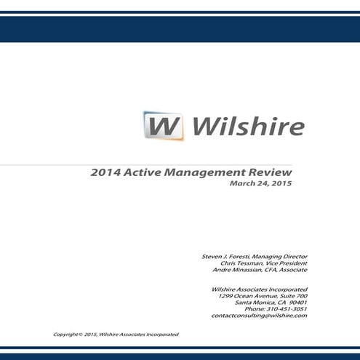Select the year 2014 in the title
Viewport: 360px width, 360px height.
click(x=105, y=173)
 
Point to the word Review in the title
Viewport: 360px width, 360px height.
click(x=271, y=173)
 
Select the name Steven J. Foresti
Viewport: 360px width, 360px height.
click(x=226, y=257)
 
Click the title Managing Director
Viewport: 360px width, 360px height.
click(x=280, y=257)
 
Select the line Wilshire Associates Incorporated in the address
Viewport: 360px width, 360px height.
click(x=257, y=289)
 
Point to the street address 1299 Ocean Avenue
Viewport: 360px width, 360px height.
click(x=247, y=296)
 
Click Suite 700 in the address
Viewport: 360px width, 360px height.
click(x=292, y=296)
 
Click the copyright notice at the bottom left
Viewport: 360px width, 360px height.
click(x=116, y=334)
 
